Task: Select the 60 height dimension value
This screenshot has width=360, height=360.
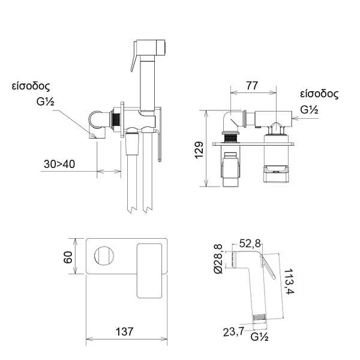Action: pos(68,257)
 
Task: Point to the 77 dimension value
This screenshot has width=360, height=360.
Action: pos(253,86)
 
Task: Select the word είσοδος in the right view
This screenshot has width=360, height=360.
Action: pos(319,94)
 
